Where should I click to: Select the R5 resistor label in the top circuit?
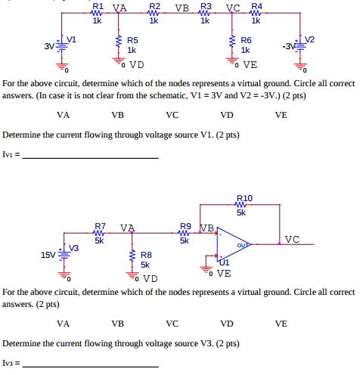coord(132,40)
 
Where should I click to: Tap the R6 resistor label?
coord(246,40)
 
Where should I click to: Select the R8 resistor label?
coord(147,255)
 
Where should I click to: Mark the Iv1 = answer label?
coord(13,155)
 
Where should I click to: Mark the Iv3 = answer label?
coord(13,363)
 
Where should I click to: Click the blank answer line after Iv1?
coord(91,157)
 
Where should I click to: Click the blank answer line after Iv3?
coord(91,365)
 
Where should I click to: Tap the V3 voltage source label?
coord(73,247)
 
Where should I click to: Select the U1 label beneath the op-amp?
coord(224,262)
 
